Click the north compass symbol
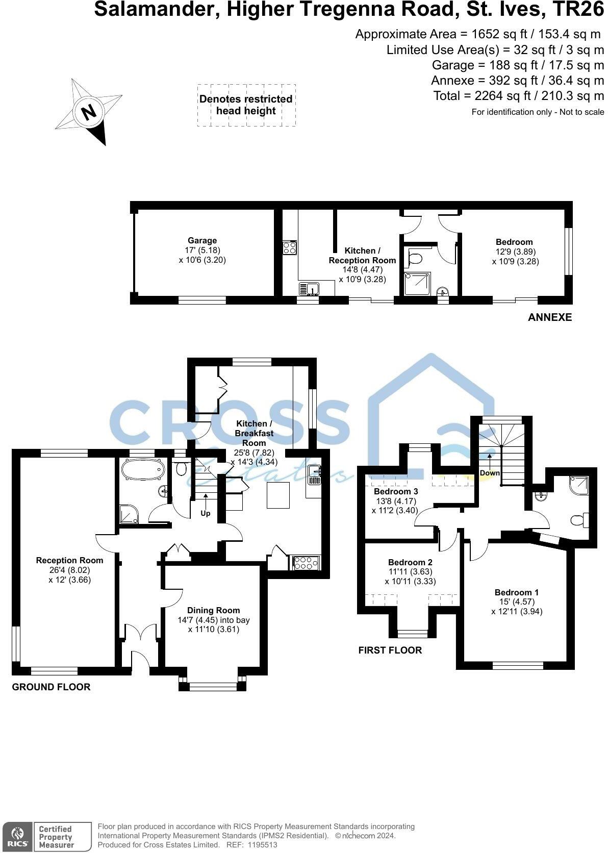point(89,111)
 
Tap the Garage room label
point(202,241)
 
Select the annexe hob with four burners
point(290,248)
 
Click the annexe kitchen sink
point(309,289)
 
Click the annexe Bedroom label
point(514,242)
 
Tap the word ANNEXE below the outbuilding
point(550,317)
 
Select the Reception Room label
point(69,560)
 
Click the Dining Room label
point(213,610)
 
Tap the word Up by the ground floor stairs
point(205,513)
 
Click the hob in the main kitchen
point(305,563)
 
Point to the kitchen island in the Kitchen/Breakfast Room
point(278,495)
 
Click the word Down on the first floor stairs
point(490,473)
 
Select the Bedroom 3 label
point(396,491)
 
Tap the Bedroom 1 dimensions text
point(516,607)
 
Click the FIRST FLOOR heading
point(390,650)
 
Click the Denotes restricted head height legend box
point(246,105)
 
